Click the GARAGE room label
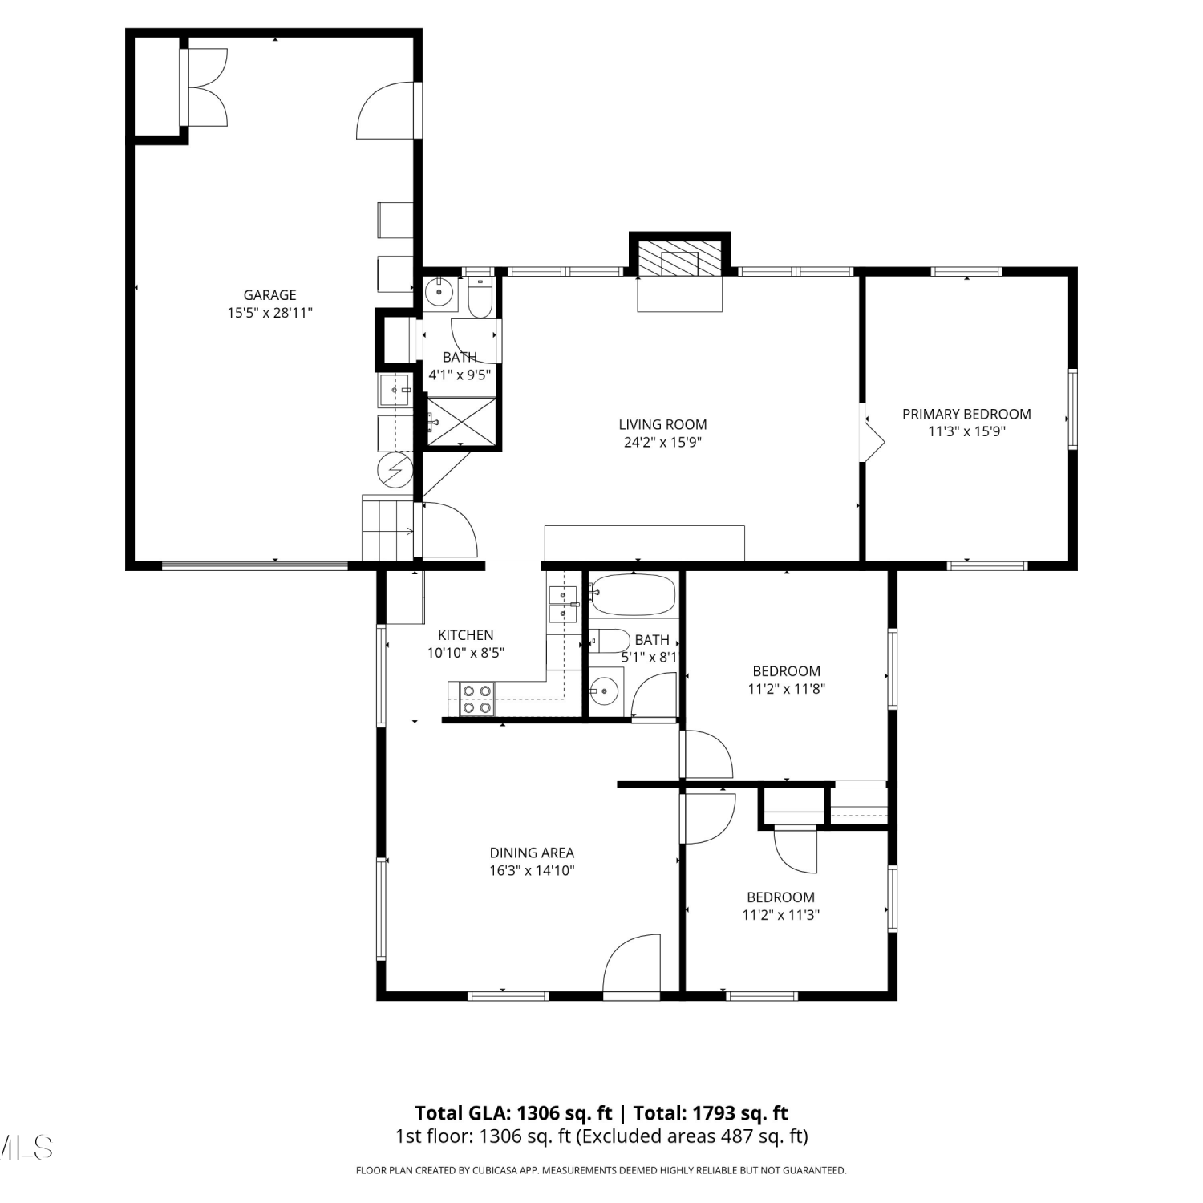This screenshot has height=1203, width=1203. pyautogui.click(x=269, y=295)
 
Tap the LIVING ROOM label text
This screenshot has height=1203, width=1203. pyautogui.click(x=662, y=425)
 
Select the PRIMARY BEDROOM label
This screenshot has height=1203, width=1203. pyautogui.click(x=966, y=414)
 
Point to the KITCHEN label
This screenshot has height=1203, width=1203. pyautogui.click(x=465, y=635)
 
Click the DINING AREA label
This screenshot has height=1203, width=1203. pyautogui.click(x=532, y=853)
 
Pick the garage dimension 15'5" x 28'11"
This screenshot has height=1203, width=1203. pyautogui.click(x=269, y=313)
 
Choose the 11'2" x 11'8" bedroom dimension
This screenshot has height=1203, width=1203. pyautogui.click(x=786, y=688)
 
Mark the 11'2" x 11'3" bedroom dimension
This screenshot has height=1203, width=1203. pyautogui.click(x=780, y=914)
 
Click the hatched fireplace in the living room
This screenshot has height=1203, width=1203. pyautogui.click(x=680, y=257)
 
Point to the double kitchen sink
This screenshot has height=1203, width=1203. pyautogui.click(x=563, y=605)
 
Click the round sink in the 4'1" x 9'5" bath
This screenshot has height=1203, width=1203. pyautogui.click(x=439, y=293)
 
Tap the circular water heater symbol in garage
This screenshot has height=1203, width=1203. pyautogui.click(x=395, y=469)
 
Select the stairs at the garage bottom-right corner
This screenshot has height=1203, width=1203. pyautogui.click(x=388, y=528)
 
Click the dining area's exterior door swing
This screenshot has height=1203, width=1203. pyautogui.click(x=630, y=965)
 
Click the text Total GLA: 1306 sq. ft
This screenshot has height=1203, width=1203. pyautogui.click(x=513, y=1113)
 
